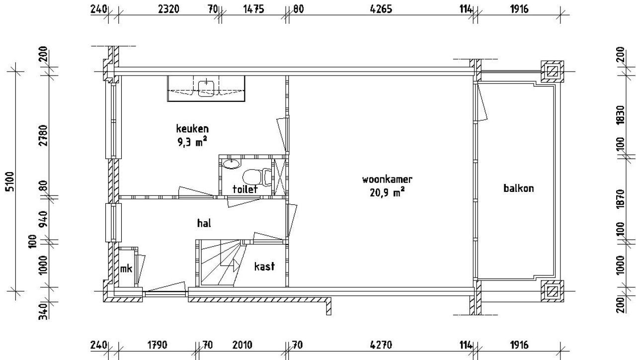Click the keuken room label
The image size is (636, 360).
pyautogui.click(x=192, y=129)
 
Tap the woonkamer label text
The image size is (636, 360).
pyautogui.click(x=387, y=180)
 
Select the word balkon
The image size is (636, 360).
pyautogui.click(x=518, y=188)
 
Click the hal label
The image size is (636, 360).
pyautogui.click(x=204, y=223)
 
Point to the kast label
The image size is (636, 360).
pyautogui.click(x=264, y=266)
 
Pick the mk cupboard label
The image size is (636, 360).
pyautogui.click(x=126, y=269)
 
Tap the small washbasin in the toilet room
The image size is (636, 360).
pyautogui.click(x=232, y=164)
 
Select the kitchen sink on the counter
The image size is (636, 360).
pyautogui.click(x=206, y=89)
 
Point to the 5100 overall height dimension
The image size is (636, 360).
pyautogui.click(x=10, y=181)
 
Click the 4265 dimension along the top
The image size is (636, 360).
pyautogui.click(x=381, y=9)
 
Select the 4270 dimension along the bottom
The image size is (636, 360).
pyautogui.click(x=381, y=345)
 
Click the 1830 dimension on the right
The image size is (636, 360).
pyautogui.click(x=621, y=114)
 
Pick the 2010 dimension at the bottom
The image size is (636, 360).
pyautogui.click(x=242, y=345)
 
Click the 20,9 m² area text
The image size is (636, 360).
pyautogui.click(x=387, y=192)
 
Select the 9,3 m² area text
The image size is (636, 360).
pyautogui.click(x=192, y=142)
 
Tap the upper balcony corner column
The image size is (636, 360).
pyautogui.click(x=552, y=71)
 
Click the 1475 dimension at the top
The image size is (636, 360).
pyautogui.click(x=253, y=9)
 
